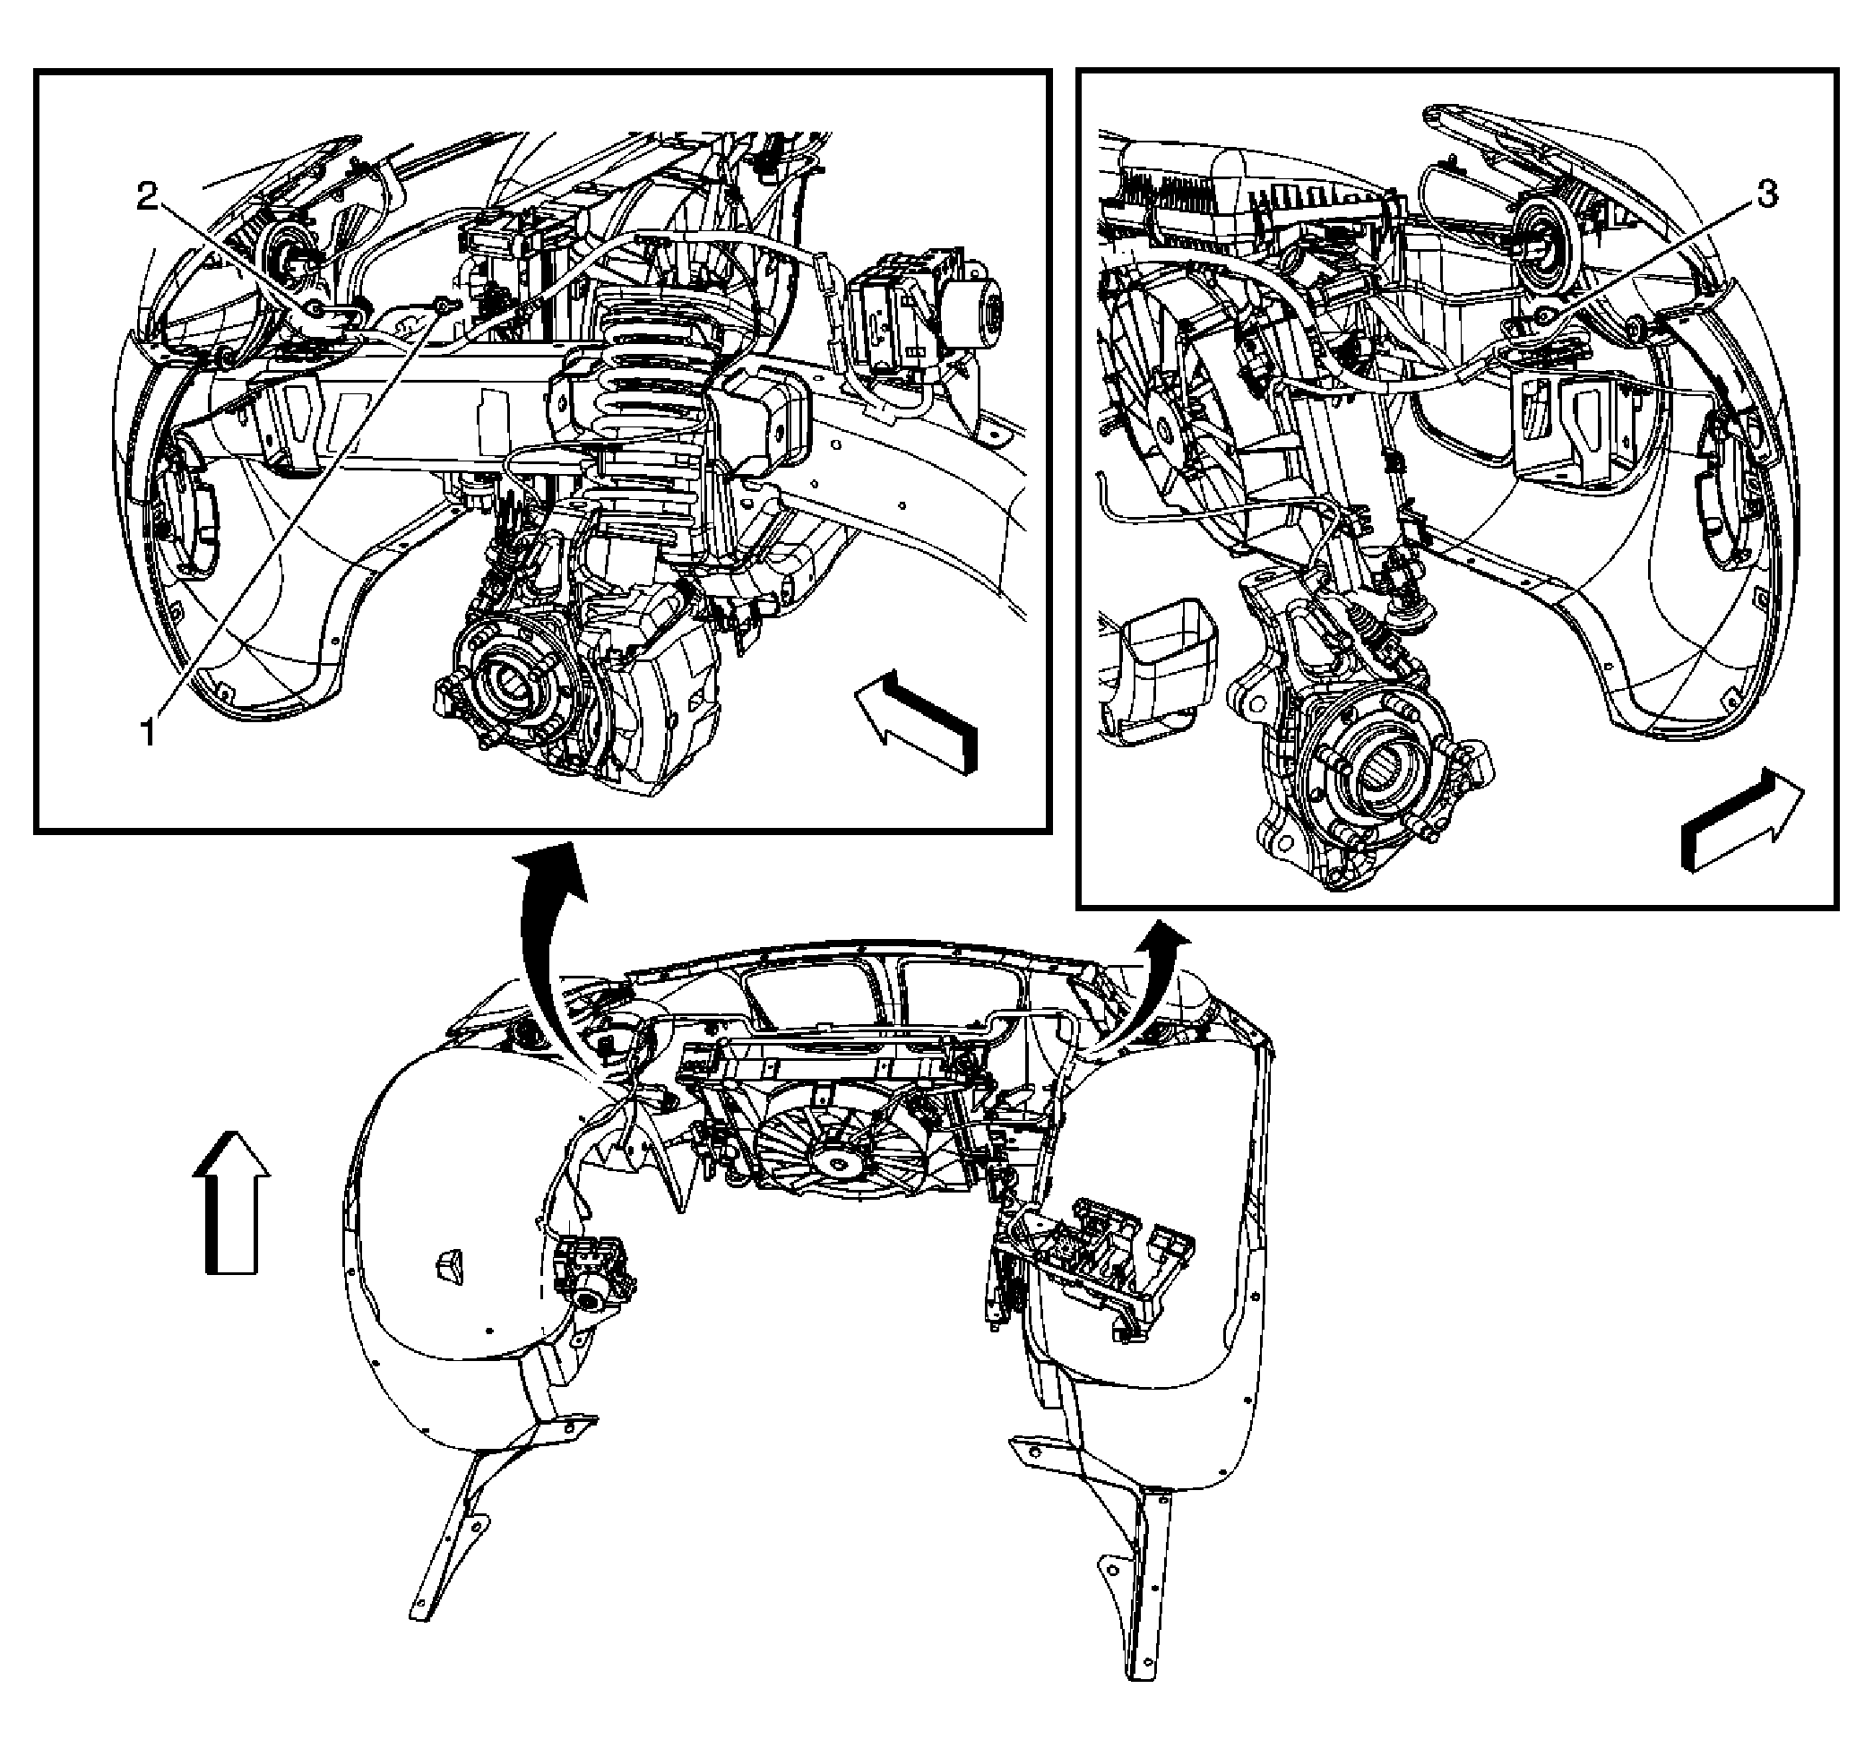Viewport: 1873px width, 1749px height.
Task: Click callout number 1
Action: click(147, 731)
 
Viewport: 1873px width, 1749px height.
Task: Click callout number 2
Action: click(148, 197)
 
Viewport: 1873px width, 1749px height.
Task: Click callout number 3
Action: click(1766, 195)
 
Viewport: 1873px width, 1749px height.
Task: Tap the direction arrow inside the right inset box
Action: click(1739, 820)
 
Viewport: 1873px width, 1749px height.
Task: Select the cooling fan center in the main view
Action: click(833, 1164)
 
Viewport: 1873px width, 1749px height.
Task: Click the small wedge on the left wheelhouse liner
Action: click(449, 1265)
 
